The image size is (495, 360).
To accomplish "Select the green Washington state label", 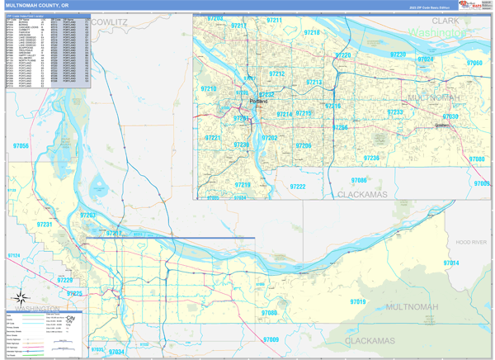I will tap(437, 31).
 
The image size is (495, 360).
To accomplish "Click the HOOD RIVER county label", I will tap(472, 242).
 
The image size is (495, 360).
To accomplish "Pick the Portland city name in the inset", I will tap(257, 102).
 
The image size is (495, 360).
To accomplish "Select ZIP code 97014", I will tap(450, 263).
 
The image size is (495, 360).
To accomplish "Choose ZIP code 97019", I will tap(356, 302).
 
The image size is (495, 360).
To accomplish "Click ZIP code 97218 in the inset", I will tap(312, 32).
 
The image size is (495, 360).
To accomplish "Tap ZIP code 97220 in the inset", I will tap(343, 55).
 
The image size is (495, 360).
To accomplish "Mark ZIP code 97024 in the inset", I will tap(425, 59).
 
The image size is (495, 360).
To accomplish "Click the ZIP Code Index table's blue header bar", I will tap(48, 15).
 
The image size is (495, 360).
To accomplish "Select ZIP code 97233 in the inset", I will tap(395, 112).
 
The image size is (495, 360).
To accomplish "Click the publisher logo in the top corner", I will tap(472, 5).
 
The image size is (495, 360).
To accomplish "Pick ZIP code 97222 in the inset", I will tap(298, 187).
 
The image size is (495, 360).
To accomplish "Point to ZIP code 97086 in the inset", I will tap(359, 180).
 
